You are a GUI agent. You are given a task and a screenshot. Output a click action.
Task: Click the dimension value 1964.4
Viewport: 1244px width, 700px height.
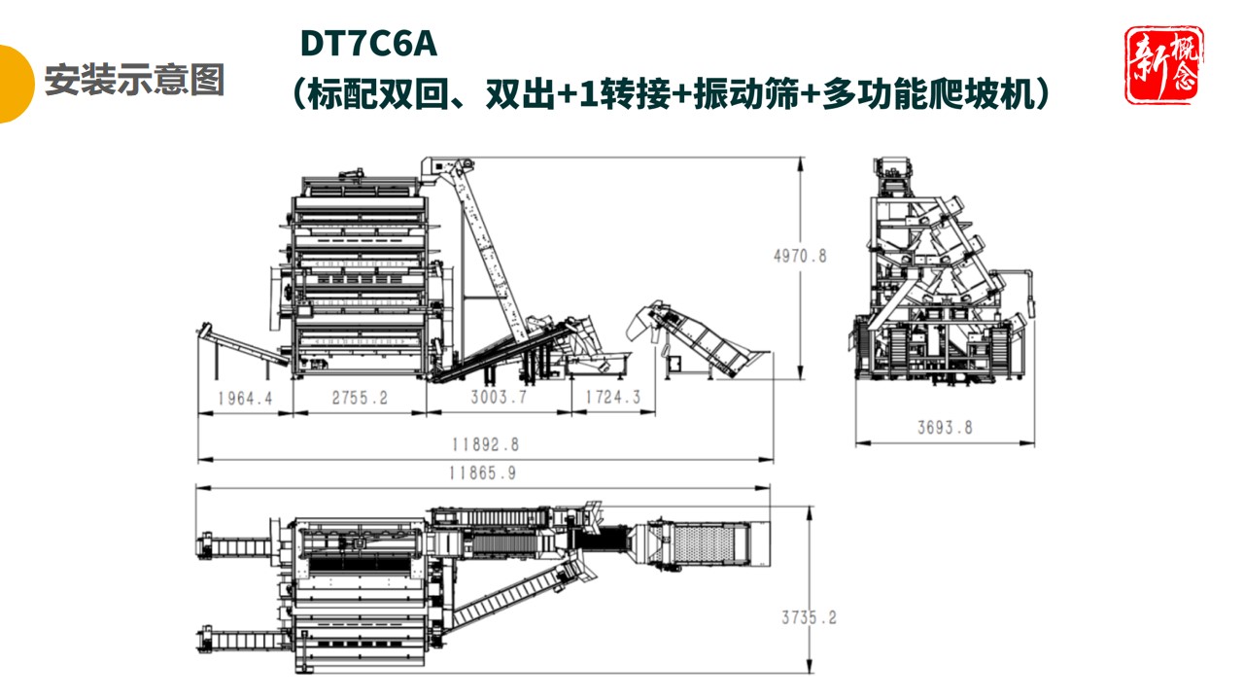(x=244, y=398)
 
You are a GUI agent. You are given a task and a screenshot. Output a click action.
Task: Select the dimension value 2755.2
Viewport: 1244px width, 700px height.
(x=361, y=398)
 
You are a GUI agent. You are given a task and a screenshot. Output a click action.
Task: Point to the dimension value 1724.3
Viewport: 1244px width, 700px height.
(x=612, y=398)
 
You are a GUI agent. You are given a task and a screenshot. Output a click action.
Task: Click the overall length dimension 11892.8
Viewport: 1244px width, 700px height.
(x=484, y=444)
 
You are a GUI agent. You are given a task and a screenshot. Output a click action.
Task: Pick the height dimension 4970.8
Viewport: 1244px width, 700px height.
(x=800, y=257)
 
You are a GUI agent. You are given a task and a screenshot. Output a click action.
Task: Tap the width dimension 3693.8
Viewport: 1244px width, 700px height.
(x=945, y=427)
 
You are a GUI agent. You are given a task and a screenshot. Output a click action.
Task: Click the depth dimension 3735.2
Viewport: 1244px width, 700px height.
(x=809, y=617)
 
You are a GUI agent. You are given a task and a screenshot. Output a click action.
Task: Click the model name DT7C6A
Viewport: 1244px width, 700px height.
(x=368, y=44)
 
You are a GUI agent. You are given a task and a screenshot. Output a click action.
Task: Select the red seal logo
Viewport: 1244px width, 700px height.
(x=1163, y=65)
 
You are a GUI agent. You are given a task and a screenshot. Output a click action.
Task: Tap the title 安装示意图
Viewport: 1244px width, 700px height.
(x=134, y=80)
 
